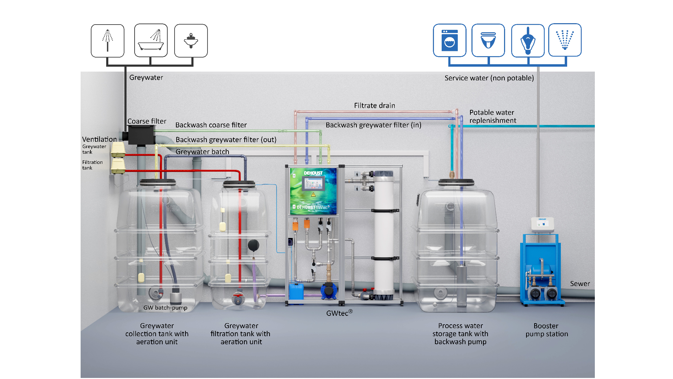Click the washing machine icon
coord(449,40)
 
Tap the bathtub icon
coord(151,40)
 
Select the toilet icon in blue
coord(488,40)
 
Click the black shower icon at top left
coord(107,40)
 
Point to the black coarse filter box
coord(141,135)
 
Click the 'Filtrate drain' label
coord(374,106)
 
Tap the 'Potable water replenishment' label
coord(492,117)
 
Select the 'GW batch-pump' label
coord(165,308)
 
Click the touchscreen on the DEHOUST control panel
coord(313,183)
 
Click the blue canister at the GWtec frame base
coord(296,291)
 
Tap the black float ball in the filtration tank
coord(253,245)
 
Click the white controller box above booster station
coord(542,224)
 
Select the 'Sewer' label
coord(580,284)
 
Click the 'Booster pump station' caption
coord(546,330)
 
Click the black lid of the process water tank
coord(456,182)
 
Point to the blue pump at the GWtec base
coord(329,291)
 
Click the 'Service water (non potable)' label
coord(489,78)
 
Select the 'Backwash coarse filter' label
coord(211,125)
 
